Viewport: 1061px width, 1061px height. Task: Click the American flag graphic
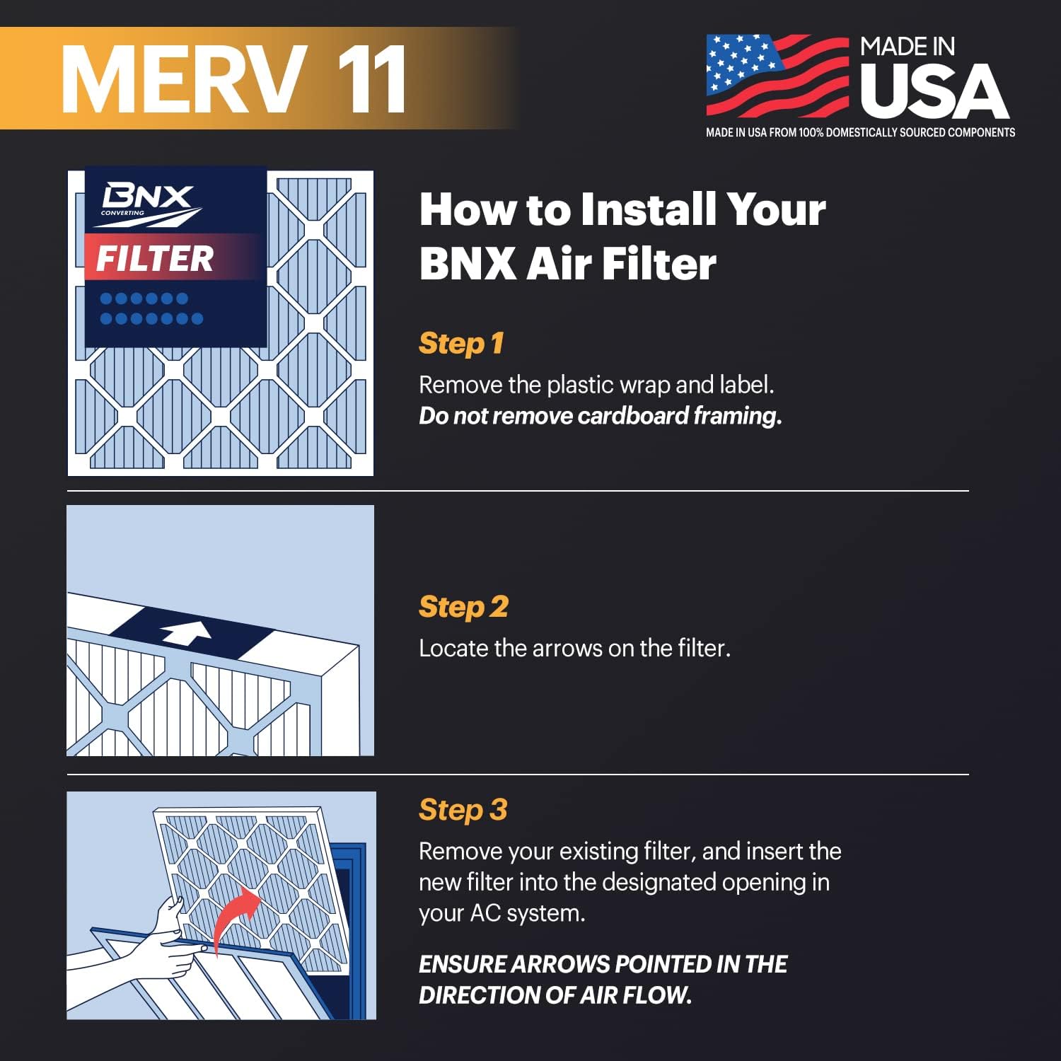pos(777,75)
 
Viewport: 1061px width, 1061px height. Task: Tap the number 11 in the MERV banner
pos(371,79)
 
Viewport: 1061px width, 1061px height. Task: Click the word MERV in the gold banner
pos(184,79)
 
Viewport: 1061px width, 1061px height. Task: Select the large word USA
pos(934,92)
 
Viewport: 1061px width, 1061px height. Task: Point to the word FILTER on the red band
pos(155,258)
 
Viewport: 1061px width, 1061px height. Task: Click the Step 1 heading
pos(461,344)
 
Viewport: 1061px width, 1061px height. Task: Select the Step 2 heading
pos(463,607)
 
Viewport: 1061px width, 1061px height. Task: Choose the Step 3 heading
pos(463,810)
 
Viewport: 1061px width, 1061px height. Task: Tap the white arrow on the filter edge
pos(186,632)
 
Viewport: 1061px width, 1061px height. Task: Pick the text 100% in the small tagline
pos(811,133)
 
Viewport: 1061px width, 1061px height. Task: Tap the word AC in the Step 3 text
pos(486,913)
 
